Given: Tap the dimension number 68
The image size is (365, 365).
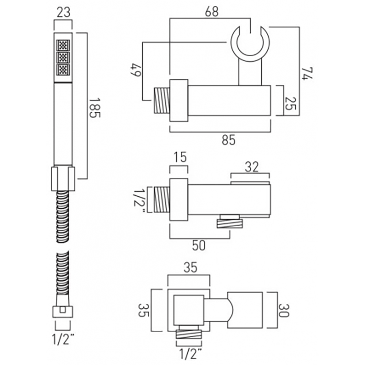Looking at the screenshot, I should [x=211, y=11].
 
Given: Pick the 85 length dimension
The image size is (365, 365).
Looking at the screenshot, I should [x=228, y=139].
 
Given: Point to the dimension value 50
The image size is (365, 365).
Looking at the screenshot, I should [x=199, y=245].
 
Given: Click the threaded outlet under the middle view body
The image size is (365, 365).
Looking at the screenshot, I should [x=230, y=222].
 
